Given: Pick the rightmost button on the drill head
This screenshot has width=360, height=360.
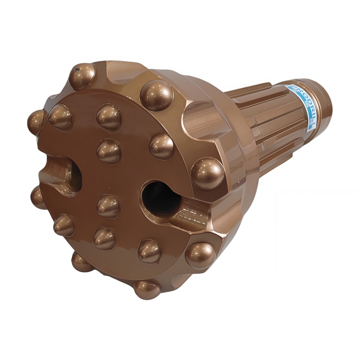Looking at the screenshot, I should point(207,173).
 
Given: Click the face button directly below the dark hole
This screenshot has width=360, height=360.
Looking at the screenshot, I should point(149,251).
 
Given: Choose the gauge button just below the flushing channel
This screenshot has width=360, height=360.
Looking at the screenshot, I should point(200,255).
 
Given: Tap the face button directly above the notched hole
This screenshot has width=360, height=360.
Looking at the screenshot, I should point(60,117).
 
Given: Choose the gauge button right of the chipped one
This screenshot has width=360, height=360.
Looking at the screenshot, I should point(156,95).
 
